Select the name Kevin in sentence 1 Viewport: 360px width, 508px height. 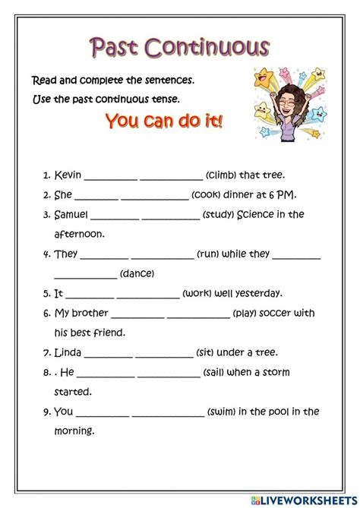[x=68, y=175]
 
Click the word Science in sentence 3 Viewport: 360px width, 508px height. [x=259, y=215]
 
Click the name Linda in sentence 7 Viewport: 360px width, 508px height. [x=69, y=352]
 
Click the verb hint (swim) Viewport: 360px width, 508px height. [x=224, y=412]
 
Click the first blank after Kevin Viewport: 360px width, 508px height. [x=110, y=176]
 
